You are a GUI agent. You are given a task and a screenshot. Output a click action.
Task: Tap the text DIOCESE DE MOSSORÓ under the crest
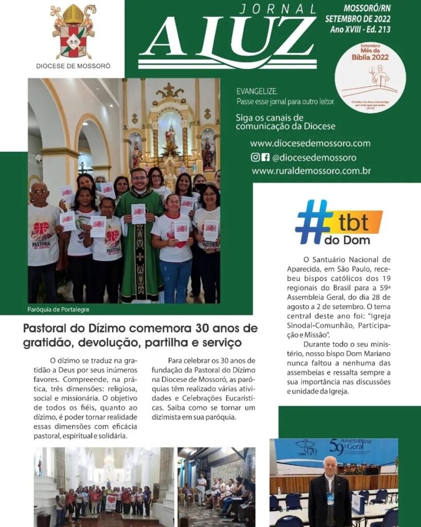(73, 66)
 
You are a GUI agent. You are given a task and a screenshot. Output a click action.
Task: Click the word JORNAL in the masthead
(278, 9)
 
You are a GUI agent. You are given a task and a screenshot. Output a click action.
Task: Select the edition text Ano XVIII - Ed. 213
(360, 30)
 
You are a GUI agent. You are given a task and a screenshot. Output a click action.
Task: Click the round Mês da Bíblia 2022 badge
(370, 77)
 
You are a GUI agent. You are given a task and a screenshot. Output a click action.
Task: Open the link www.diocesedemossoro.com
(310, 144)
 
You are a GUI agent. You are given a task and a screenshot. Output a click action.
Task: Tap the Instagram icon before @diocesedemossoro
(255, 157)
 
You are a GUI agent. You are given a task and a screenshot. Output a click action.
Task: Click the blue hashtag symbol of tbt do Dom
(313, 221)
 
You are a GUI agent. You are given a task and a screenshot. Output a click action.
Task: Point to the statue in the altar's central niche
(170, 139)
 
